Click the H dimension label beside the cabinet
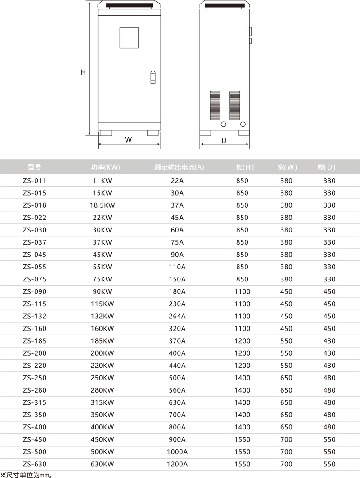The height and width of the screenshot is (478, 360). pos(83,72)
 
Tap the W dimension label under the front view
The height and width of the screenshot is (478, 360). pos(128,140)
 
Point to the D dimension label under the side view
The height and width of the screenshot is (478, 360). pos(224,140)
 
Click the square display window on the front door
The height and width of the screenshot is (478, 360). pos(129,38)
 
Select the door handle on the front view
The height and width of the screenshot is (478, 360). pos(153,77)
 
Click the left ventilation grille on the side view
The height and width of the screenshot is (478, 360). pos(215,105)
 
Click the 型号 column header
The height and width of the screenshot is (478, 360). pos(34,167)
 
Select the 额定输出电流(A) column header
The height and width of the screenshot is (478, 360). pos(179,167)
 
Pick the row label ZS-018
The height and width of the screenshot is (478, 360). pos(34,205)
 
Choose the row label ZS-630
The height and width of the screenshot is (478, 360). pos(34,464)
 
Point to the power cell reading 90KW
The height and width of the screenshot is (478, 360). pos(103,291)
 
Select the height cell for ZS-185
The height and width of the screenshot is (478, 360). pos(242,341)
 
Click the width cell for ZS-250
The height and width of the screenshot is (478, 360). pos(286,378)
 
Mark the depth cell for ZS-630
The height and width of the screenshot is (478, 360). pos(329,464)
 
